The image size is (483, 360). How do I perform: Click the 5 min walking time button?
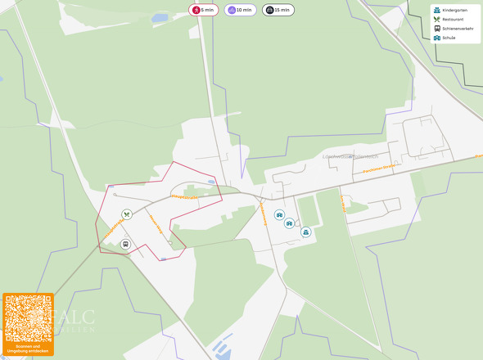(202, 10)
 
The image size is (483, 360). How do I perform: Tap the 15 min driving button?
(278, 10)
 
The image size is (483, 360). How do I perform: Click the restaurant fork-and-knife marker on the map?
(126, 214)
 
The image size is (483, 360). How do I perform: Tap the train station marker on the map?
(125, 244)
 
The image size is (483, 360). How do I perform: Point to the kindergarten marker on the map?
(305, 232)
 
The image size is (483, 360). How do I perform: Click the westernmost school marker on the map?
(279, 215)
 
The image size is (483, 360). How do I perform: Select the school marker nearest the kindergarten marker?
(289, 223)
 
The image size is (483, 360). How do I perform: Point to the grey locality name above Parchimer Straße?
(350, 155)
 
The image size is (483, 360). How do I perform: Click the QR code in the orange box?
(27, 318)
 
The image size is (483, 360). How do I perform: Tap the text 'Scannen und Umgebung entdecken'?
(28, 349)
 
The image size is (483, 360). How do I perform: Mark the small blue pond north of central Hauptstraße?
(212, 182)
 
